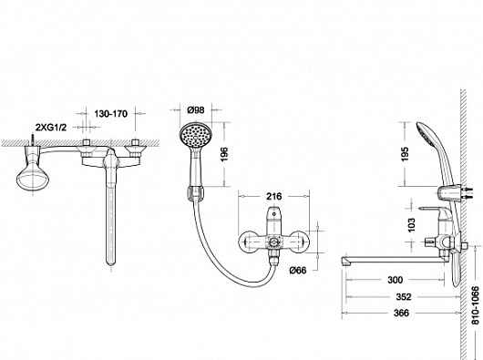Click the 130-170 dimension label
click(x=110, y=114)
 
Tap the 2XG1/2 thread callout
click(x=51, y=128)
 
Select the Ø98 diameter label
click(x=196, y=109)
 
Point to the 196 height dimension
click(x=224, y=154)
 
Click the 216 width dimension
click(x=273, y=196)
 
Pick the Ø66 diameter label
click(x=298, y=270)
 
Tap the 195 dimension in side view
click(x=405, y=154)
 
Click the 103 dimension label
click(x=412, y=225)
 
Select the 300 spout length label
click(x=395, y=280)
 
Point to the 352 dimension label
click(x=403, y=296)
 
